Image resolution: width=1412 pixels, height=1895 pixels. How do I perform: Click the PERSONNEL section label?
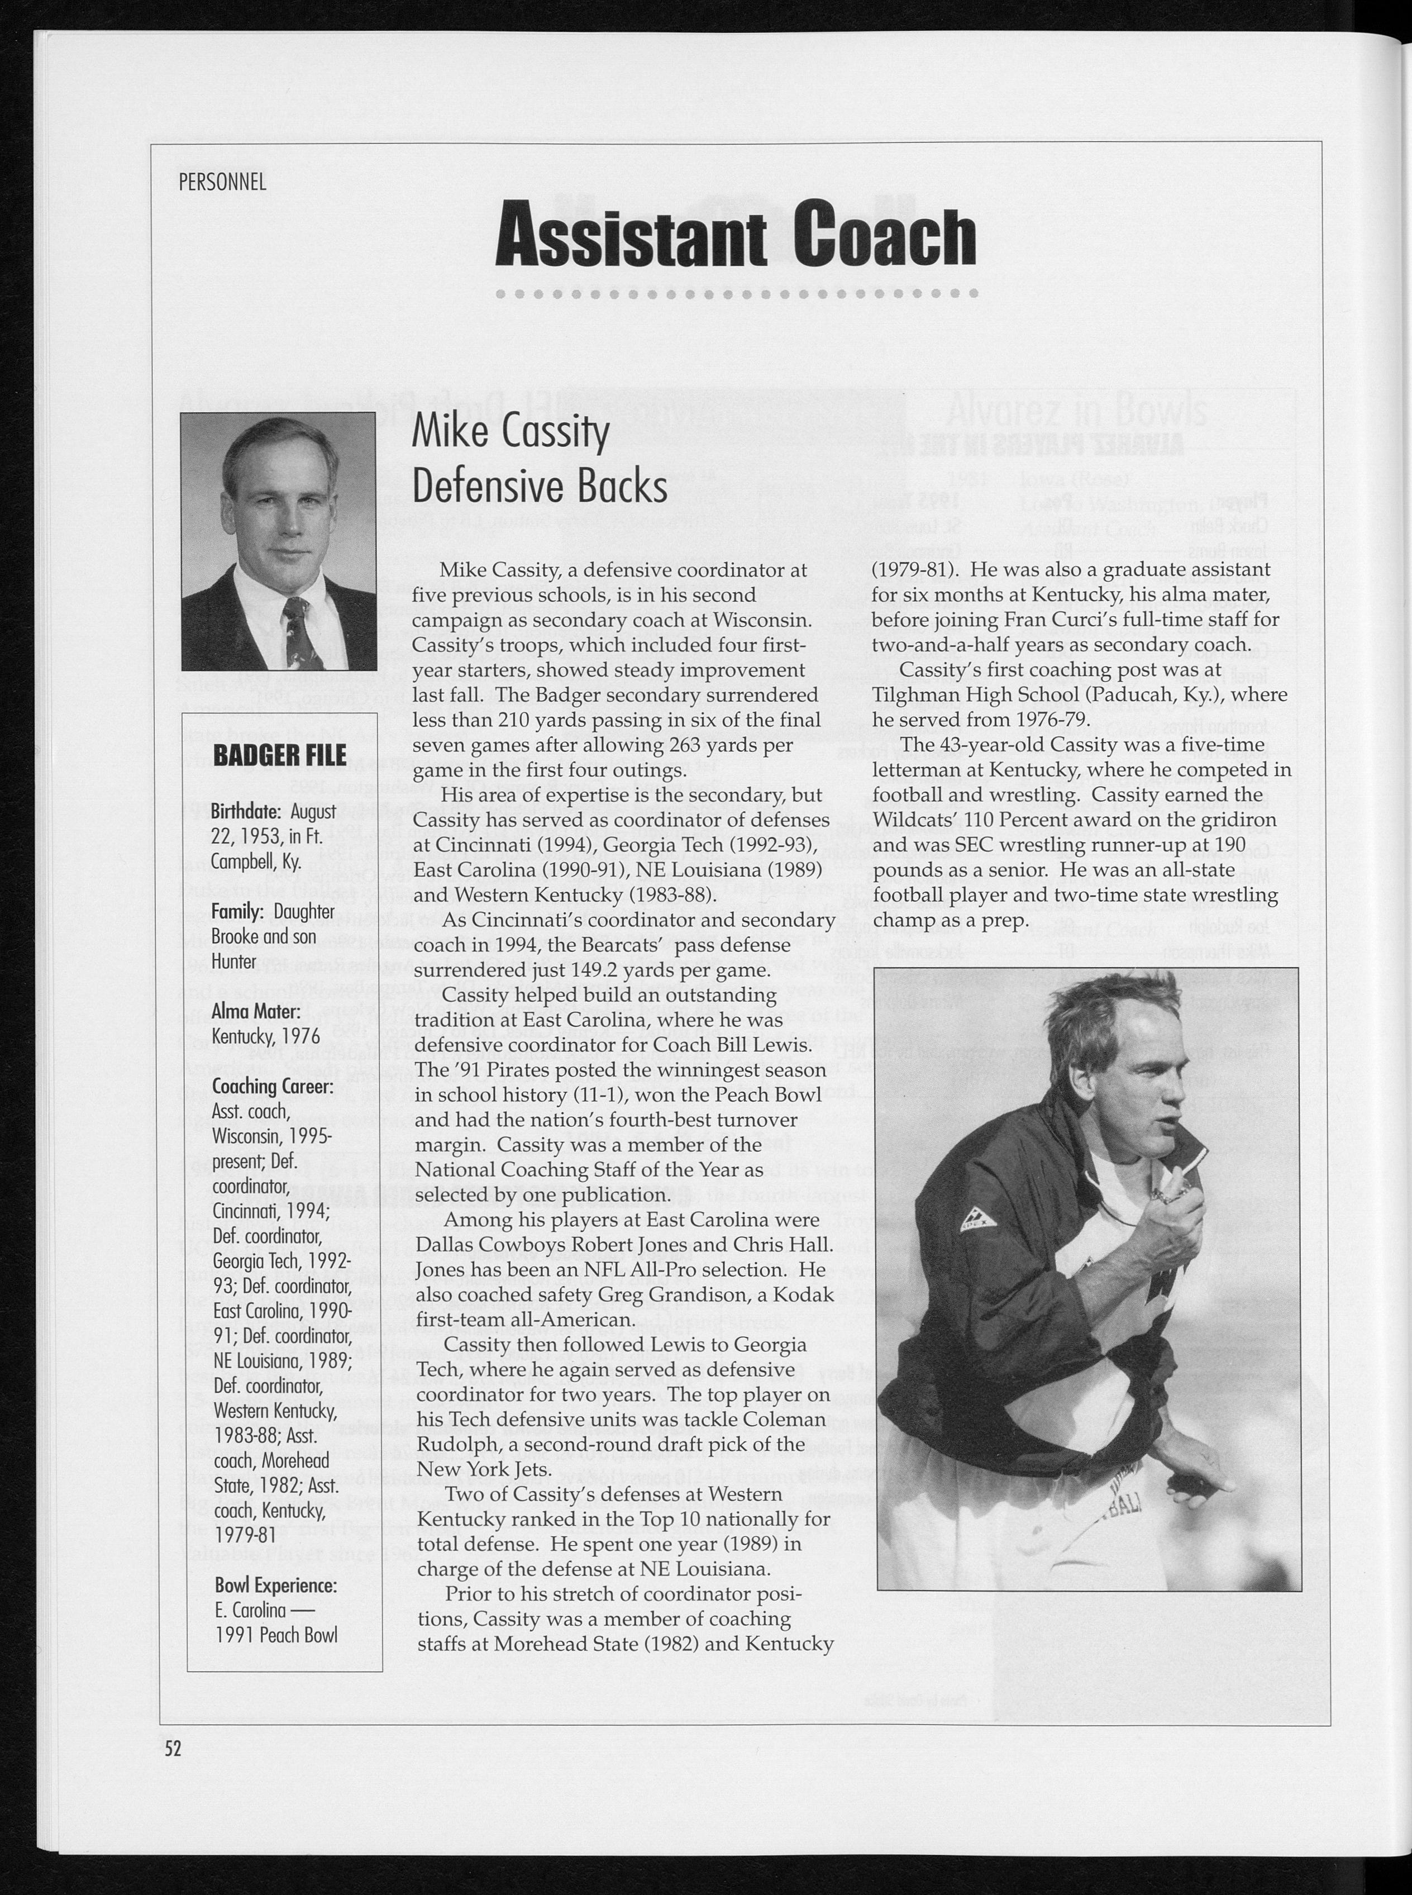click(222, 182)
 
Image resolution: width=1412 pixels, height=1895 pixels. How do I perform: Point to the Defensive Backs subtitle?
click(540, 487)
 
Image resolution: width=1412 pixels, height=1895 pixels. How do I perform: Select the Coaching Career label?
click(272, 1087)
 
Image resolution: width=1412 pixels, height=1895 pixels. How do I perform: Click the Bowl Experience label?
click(275, 1585)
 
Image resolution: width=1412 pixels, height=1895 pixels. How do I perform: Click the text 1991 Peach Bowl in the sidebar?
click(275, 1635)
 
